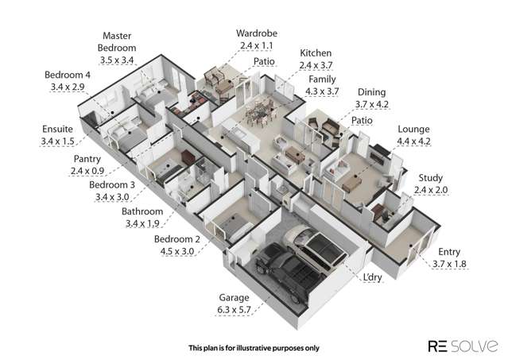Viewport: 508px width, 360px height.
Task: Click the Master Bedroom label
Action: (x=117, y=42)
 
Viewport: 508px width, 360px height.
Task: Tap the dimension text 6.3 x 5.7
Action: (x=234, y=310)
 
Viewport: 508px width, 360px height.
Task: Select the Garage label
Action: (x=234, y=297)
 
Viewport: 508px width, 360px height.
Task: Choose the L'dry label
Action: (x=372, y=277)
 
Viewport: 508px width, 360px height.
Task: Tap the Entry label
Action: (x=449, y=252)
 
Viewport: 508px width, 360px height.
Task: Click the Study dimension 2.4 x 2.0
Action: (x=431, y=190)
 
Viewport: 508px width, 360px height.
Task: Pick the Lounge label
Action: (x=413, y=130)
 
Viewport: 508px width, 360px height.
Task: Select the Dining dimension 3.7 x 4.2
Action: (x=371, y=105)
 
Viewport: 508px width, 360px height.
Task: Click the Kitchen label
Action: (x=316, y=53)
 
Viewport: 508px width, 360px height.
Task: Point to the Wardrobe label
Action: (x=257, y=33)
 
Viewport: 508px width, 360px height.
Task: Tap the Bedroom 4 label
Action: (x=68, y=75)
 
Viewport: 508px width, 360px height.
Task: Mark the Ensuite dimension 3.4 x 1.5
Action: (x=57, y=141)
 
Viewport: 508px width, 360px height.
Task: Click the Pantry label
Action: (x=87, y=159)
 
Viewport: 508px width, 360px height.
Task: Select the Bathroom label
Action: (x=142, y=211)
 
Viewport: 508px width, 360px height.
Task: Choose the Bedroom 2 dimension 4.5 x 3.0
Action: (x=177, y=251)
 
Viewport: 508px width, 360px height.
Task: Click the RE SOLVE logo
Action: (x=463, y=346)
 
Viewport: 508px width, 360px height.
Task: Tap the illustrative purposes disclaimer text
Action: (x=254, y=348)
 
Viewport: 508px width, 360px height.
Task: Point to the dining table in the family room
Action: (x=259, y=112)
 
